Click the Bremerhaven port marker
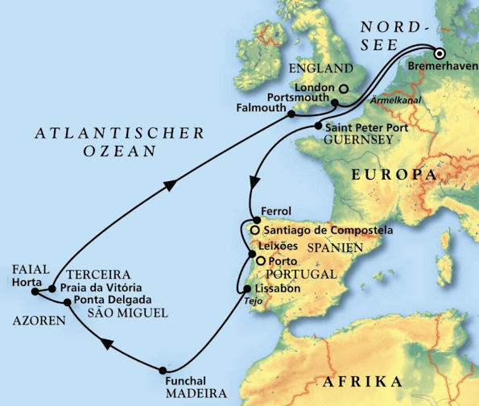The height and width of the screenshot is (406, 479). [x=440, y=54]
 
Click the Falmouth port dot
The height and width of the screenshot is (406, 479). [x=290, y=115]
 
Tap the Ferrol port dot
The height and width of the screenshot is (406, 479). [x=255, y=220]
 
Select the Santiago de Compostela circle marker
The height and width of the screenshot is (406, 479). [x=254, y=230]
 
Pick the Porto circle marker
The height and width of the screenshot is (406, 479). [x=260, y=261]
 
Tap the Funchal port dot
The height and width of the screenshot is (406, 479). [x=163, y=370]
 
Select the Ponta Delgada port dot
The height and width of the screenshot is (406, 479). [x=67, y=302]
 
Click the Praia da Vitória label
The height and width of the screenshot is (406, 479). [x=101, y=288]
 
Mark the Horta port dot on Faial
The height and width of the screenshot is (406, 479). [x=52, y=288]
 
